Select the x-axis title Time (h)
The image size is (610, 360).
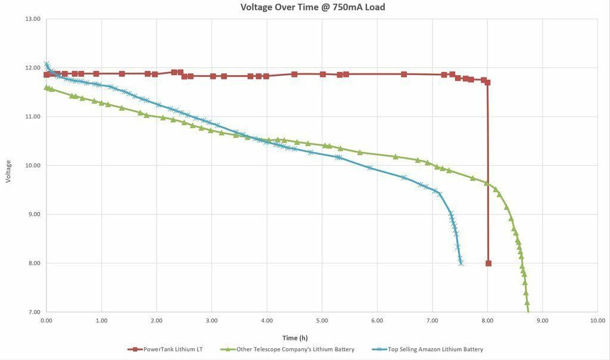coord(295,338)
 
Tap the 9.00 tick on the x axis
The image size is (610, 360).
coord(542,321)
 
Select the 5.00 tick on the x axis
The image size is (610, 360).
coord(322,321)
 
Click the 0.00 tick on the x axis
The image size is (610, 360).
coord(46,321)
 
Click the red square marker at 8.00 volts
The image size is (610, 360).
coord(488,263)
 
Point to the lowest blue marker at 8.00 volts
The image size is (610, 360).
coord(460,263)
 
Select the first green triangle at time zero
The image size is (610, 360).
coord(46,88)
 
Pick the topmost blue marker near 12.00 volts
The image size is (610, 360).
coord(46,64)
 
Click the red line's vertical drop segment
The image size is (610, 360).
coord(488,173)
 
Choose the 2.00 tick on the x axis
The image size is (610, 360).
coord(157,321)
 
